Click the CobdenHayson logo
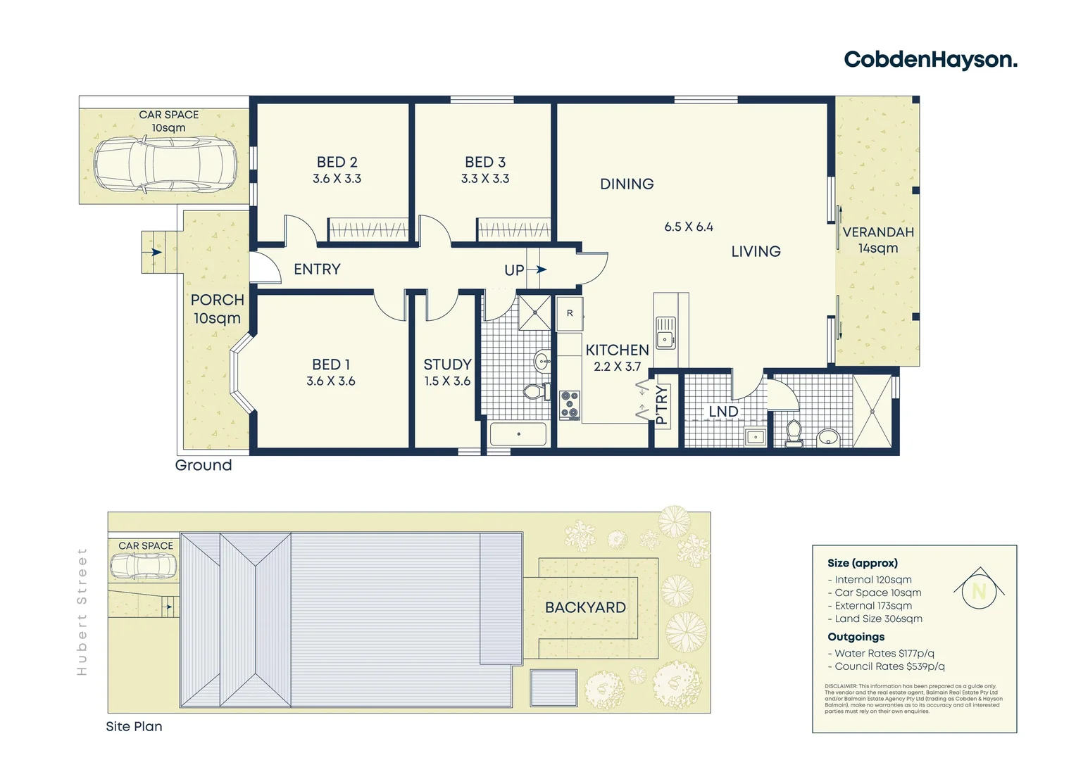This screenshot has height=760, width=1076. [930, 60]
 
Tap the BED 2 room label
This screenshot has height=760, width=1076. [337, 163]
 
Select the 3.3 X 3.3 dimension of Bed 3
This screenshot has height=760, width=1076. [485, 179]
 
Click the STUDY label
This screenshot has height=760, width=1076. [447, 365]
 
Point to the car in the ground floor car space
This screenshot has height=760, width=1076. [165, 165]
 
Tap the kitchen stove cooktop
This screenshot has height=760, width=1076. [570, 405]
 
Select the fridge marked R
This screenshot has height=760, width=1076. [570, 314]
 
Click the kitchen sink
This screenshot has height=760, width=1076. [665, 333]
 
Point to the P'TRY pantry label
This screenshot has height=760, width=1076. [661, 405]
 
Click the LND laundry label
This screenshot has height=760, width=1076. [723, 412]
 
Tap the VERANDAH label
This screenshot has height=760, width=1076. [878, 232]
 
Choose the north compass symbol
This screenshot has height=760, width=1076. [979, 590]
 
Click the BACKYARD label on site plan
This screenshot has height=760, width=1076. [585, 607]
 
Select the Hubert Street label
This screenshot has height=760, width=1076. [82, 612]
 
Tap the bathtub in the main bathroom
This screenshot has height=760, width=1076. [518, 434]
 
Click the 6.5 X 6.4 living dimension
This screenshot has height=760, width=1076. [689, 227]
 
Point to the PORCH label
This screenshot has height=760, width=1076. [217, 300]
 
